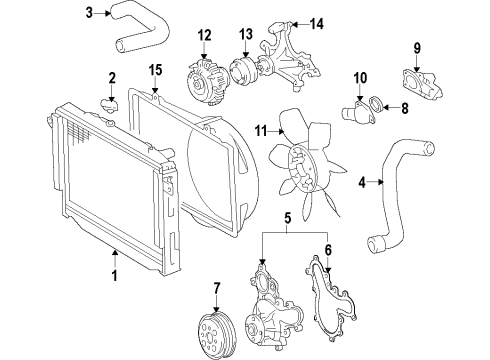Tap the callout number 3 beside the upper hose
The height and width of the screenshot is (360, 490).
pos(90,13)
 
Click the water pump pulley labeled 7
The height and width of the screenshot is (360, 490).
pos(216,331)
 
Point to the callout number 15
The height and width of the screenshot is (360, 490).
pos(155,69)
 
